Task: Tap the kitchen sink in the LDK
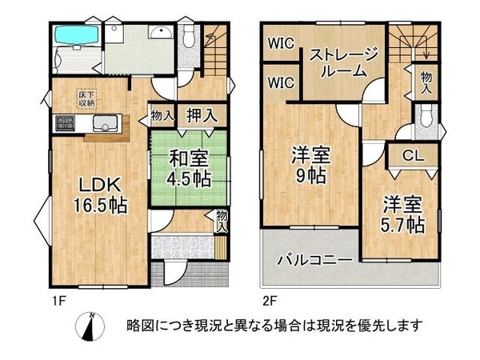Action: (x=105, y=123)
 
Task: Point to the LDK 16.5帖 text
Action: (x=94, y=192)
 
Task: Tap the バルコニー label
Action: (x=310, y=260)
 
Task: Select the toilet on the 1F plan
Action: (x=188, y=35)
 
